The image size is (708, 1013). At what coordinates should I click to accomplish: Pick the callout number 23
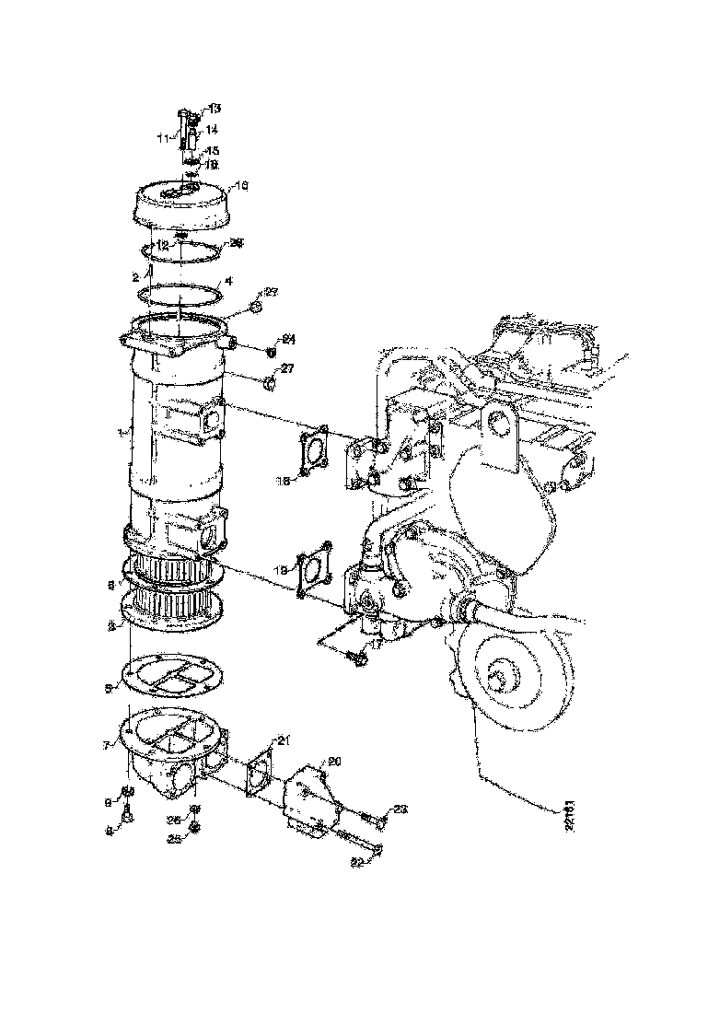click(x=400, y=809)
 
